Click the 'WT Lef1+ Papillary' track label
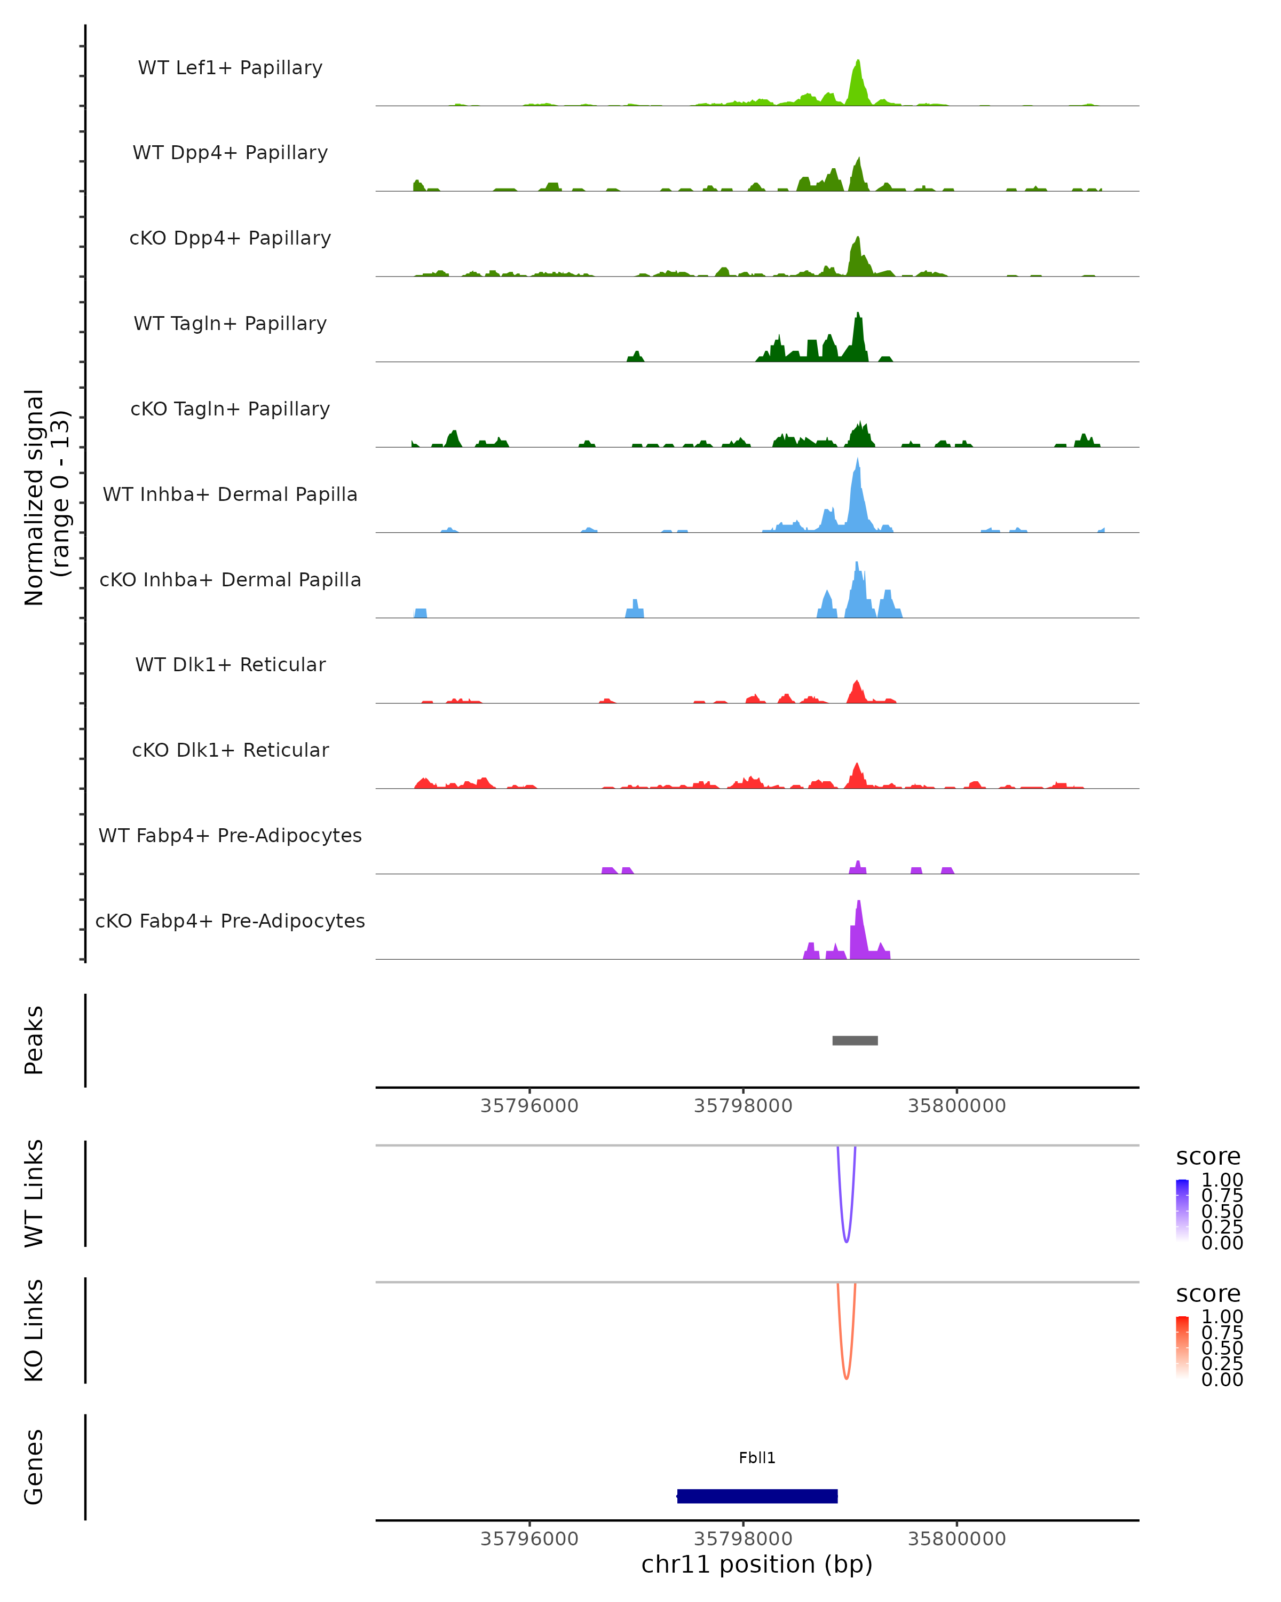(x=230, y=68)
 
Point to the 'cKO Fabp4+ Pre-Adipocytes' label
(x=230, y=921)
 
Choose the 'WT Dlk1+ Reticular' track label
(x=230, y=664)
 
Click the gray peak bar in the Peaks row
(x=855, y=1040)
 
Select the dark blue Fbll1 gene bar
(x=757, y=1496)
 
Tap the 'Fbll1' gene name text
(x=757, y=1457)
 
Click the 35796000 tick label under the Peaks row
(x=529, y=1106)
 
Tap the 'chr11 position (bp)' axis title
(x=757, y=1564)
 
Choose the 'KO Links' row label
(x=34, y=1330)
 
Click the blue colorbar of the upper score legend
(x=1182, y=1211)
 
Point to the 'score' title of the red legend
(x=1208, y=1294)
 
